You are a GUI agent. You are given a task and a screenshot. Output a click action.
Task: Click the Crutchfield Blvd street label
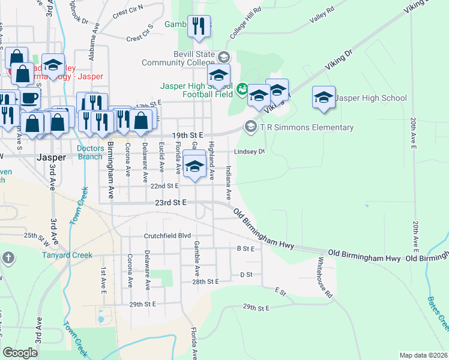point(166,236)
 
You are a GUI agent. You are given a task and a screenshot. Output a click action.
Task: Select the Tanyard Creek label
point(67,255)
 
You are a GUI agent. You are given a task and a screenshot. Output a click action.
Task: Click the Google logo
point(20,353)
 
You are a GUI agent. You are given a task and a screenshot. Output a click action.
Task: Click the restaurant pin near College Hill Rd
point(199,27)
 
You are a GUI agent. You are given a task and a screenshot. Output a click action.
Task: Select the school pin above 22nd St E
point(194,166)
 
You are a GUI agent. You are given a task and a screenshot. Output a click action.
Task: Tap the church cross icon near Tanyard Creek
point(8,258)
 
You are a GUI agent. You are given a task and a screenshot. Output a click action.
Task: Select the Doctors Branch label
point(91,152)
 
